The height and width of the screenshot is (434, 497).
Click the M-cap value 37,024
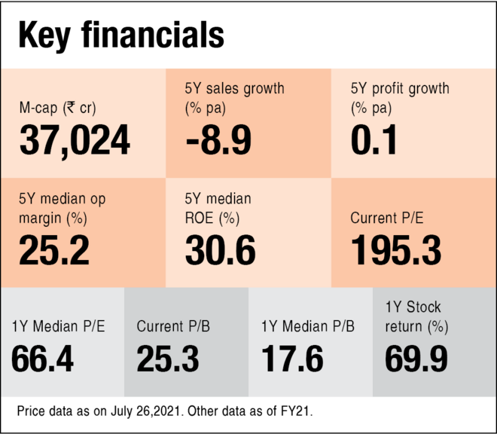75,140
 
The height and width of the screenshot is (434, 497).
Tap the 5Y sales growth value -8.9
218,140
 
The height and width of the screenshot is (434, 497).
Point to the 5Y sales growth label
234,98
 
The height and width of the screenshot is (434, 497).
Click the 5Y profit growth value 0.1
374,140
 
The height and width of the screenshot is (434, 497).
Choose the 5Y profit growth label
400,98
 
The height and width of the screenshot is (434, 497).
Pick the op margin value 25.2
54,250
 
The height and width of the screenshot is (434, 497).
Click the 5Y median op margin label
63,209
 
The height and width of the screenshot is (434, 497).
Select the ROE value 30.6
220,250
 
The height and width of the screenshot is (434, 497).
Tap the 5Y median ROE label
218,209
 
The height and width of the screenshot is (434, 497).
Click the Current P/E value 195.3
396,250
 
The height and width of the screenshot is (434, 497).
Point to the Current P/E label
387,219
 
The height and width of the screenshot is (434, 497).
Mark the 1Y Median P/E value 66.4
42,359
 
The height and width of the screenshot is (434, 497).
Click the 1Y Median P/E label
58,327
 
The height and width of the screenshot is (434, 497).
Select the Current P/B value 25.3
168,359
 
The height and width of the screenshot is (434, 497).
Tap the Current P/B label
173,327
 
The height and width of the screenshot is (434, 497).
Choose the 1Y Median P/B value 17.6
292,359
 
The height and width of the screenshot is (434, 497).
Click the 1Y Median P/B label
308,327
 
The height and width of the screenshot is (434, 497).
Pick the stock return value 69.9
416,359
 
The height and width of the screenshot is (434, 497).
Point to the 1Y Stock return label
416,316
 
